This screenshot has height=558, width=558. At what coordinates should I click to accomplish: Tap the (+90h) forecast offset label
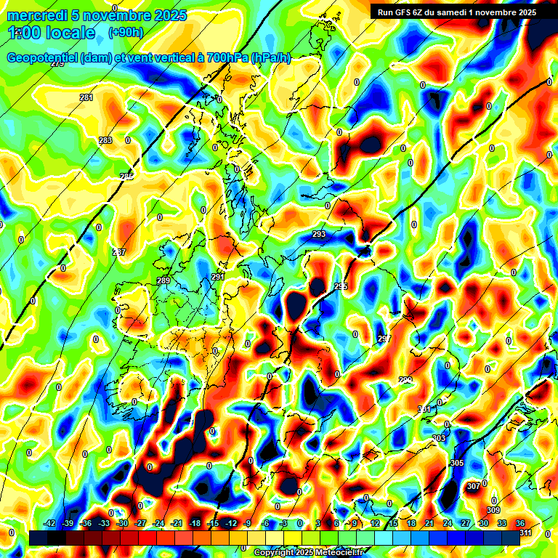[126, 32]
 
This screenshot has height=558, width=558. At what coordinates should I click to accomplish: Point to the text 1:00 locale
[51, 33]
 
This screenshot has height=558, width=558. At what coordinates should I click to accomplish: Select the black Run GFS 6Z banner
[454, 12]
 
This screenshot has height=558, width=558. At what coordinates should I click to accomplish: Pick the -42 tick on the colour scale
[50, 523]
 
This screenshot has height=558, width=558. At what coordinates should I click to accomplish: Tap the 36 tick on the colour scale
[520, 523]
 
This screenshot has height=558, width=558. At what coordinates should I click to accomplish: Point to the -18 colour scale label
[195, 523]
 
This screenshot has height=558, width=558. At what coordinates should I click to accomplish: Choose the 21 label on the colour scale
[429, 523]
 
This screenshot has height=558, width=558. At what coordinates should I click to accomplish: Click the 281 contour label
[86, 97]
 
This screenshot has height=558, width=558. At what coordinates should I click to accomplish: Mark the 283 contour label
[105, 140]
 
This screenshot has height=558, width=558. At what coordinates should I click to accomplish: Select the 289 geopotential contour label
[163, 280]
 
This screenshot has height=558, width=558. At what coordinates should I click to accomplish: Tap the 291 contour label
[218, 277]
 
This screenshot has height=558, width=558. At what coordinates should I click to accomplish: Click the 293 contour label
[319, 234]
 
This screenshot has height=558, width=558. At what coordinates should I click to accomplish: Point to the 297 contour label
[384, 339]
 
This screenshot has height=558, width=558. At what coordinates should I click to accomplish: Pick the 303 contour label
[439, 438]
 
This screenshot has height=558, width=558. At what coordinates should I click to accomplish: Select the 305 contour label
[457, 463]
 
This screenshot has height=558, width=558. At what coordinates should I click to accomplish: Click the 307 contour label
[473, 486]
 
